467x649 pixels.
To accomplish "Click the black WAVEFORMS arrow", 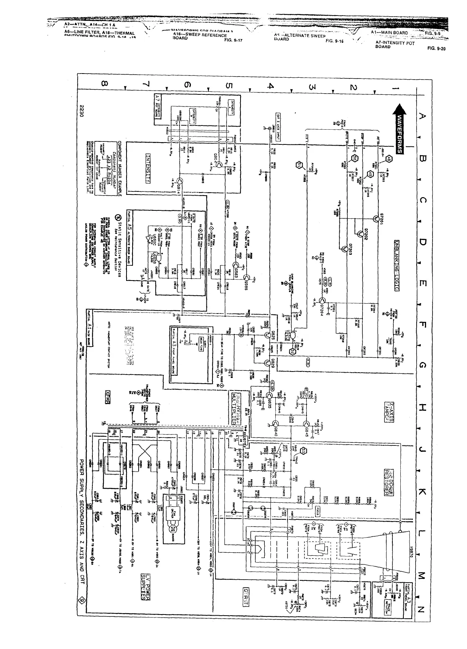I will point(400,129).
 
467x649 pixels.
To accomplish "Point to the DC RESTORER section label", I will point(389,479).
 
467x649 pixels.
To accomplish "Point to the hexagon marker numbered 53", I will point(303,450).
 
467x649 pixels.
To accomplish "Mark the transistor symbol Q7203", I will point(345,249).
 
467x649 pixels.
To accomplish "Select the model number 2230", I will point(81,110).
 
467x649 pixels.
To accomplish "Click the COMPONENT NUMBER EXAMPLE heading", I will point(120,169).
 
